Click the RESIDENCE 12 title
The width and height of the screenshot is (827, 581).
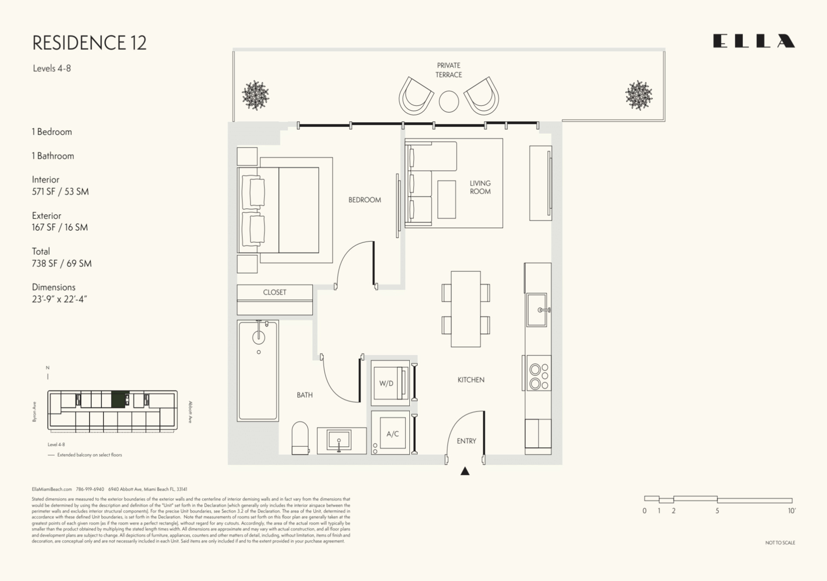pyautogui.click(x=89, y=43)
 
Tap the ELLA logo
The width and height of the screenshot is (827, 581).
pyautogui.click(x=754, y=41)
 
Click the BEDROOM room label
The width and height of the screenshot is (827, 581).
pyautogui.click(x=364, y=200)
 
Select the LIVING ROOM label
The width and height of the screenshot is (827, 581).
pyautogui.click(x=480, y=187)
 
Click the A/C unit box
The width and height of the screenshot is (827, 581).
pyautogui.click(x=392, y=433)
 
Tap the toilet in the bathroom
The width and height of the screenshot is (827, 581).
pyautogui.click(x=300, y=438)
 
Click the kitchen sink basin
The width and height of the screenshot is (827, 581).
pyautogui.click(x=537, y=310)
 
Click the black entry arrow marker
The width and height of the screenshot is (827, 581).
pyautogui.click(x=465, y=471)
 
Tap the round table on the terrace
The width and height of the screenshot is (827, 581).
pyautogui.click(x=449, y=102)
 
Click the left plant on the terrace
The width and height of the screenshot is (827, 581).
pyautogui.click(x=255, y=95)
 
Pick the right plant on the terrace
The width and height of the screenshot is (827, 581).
pyautogui.click(x=638, y=95)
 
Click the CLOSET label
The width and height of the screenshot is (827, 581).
pyautogui.click(x=274, y=292)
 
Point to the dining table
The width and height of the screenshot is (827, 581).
pyautogui.click(x=466, y=309)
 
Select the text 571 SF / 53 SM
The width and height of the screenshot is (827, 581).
pyautogui.click(x=60, y=192)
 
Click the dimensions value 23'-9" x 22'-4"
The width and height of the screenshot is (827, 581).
pyautogui.click(x=59, y=299)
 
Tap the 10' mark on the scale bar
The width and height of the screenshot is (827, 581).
pyautogui.click(x=791, y=511)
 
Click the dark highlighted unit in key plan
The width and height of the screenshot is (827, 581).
pyautogui.click(x=120, y=399)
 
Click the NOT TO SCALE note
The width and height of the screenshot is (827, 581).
pyautogui.click(x=780, y=543)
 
